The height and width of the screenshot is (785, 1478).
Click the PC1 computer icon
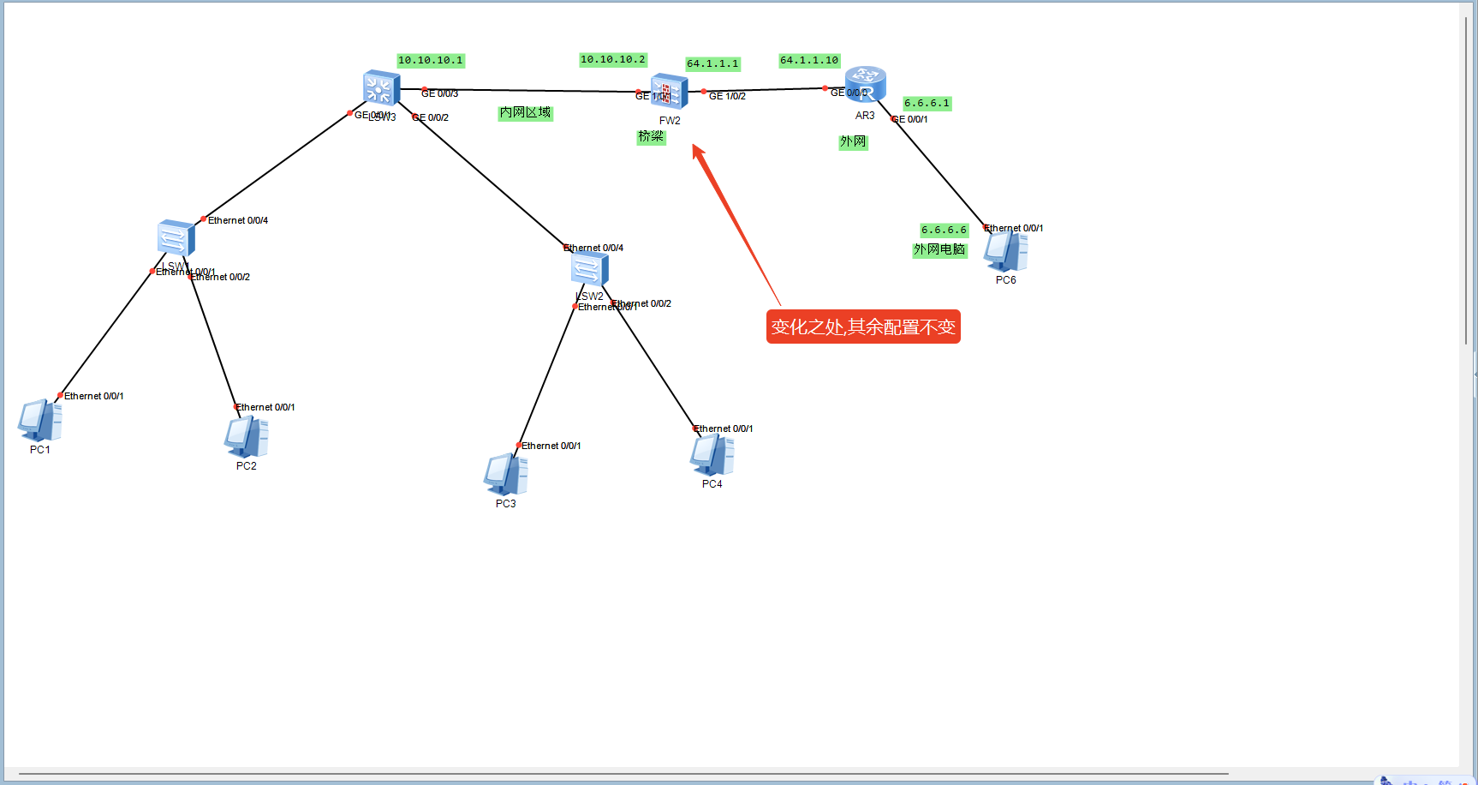click(x=39, y=420)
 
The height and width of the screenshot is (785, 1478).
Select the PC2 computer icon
click(x=246, y=436)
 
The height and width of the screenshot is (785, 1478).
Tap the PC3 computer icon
click(x=505, y=474)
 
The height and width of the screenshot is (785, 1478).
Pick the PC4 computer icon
click(x=712, y=455)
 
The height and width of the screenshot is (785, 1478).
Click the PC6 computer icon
click(x=1005, y=251)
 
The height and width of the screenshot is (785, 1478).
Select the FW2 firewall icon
click(x=669, y=92)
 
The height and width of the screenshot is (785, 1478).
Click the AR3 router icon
click(x=865, y=85)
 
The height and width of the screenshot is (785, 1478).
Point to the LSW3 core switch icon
click(x=380, y=87)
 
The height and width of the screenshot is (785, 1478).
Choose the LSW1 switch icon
click(x=176, y=238)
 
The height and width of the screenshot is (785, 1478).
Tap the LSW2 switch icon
click(x=589, y=269)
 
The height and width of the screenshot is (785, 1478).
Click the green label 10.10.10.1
click(x=431, y=60)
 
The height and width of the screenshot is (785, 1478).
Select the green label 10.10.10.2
click(x=612, y=59)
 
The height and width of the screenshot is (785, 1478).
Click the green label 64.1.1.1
click(x=712, y=63)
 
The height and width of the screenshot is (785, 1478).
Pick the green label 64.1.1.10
click(x=809, y=60)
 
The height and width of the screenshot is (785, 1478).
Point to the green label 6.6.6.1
click(x=927, y=103)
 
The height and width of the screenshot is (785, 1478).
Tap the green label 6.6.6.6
click(x=944, y=230)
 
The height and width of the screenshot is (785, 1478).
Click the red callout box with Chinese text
click(x=863, y=327)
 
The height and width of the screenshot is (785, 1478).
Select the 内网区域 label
click(x=525, y=112)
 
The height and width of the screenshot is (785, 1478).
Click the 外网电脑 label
click(x=939, y=249)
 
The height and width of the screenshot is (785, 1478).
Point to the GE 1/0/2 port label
click(x=727, y=96)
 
